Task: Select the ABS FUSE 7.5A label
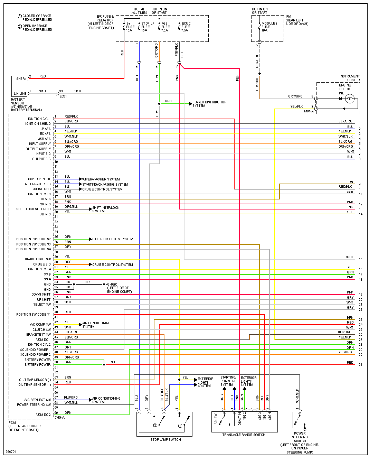tap(165, 27)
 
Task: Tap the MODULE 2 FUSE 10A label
tap(269, 27)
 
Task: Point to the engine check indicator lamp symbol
tap(350, 99)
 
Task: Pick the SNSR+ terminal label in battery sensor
tap(21, 79)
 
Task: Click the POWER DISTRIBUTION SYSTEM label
tap(209, 104)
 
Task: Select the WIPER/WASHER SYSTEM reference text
tap(101, 179)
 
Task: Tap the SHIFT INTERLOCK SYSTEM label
tap(106, 209)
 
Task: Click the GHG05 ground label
tap(112, 285)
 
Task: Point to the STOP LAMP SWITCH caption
tap(166, 440)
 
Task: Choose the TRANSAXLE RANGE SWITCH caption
tap(244, 435)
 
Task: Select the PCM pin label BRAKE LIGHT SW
tap(38, 259)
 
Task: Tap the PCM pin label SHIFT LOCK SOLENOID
tap(34, 209)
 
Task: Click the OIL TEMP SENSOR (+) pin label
tap(35, 385)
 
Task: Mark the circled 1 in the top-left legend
tap(20, 16)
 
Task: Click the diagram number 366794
tap(11, 451)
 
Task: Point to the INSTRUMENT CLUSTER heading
tap(349, 78)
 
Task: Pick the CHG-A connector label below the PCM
tap(59, 418)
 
